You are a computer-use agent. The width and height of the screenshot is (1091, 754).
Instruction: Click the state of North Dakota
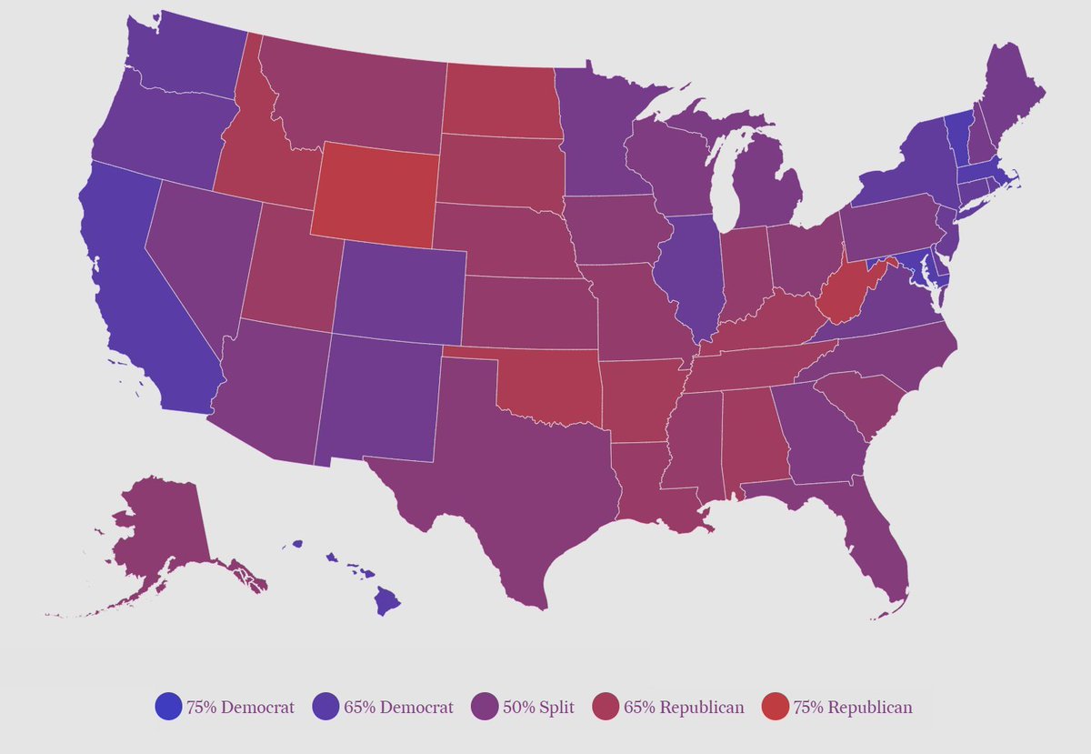pos(500,101)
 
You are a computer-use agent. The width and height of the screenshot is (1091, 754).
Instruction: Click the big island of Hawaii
pos(388,600)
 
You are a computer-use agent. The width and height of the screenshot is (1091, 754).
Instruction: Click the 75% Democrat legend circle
pos(169,707)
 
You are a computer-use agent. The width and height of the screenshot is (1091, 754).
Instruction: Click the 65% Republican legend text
pos(684,707)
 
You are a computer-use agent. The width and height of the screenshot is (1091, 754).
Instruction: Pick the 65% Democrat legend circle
pos(326,707)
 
